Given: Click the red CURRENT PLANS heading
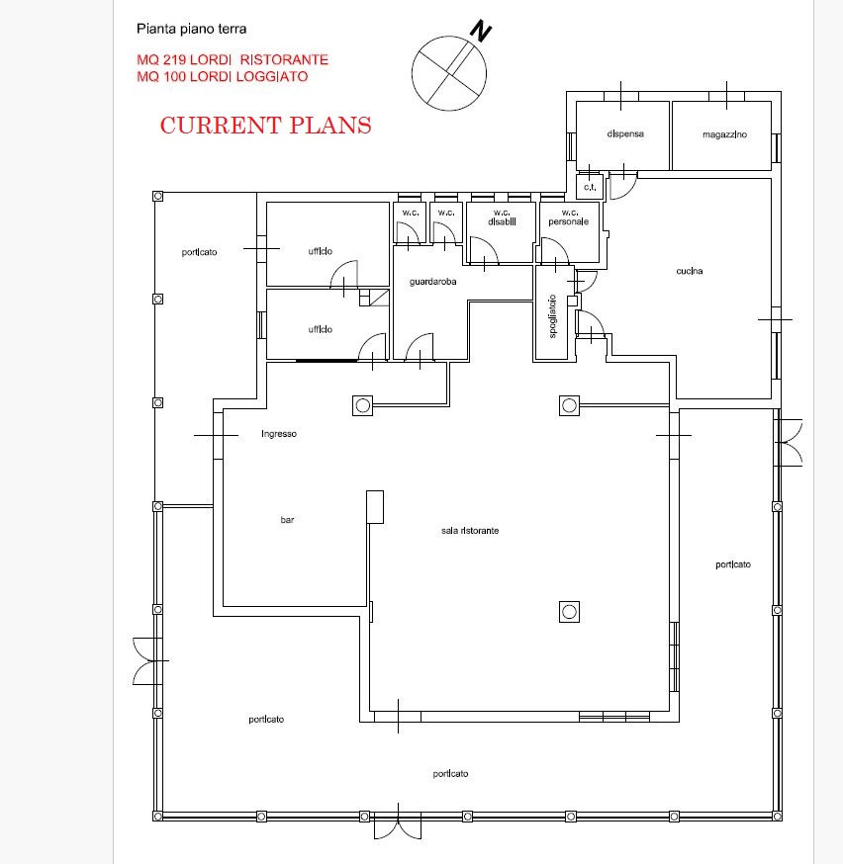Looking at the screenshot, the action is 266,126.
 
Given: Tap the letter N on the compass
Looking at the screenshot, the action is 480,31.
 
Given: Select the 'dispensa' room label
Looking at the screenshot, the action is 625,133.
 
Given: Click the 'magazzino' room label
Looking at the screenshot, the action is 724,134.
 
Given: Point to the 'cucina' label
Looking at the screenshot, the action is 690,271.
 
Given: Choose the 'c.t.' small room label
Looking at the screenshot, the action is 590,187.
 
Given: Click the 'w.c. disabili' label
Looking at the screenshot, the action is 502,217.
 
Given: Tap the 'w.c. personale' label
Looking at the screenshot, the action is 569,217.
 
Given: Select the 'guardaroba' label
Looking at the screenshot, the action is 432,282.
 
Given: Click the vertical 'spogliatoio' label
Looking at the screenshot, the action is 552,315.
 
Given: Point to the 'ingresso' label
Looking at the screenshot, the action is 279,434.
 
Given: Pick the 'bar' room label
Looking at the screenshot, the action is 287,520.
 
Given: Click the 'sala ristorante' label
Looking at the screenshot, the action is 470,531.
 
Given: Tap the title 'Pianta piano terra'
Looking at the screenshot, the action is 191,29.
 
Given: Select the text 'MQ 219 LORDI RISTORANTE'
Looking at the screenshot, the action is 233,59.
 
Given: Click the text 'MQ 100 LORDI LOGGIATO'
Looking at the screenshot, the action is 223,76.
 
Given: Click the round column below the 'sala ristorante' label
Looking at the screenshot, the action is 569,612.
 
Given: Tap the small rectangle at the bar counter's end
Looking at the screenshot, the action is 375,507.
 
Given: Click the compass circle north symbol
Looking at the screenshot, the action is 449,73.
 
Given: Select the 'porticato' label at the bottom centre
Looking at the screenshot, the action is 450,774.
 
